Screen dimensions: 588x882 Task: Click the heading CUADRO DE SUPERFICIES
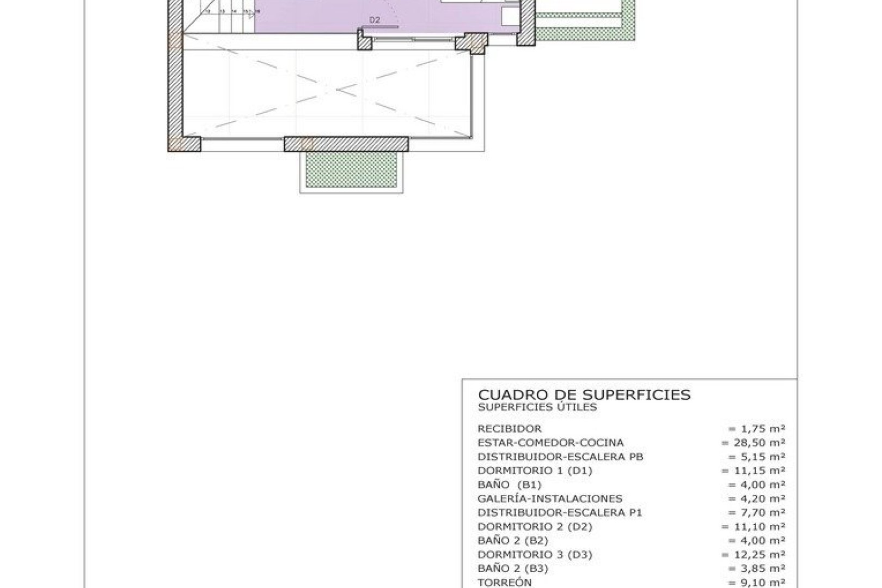tap(584, 395)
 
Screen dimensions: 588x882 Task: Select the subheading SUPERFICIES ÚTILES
tap(537, 407)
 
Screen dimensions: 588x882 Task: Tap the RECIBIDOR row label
tap(510, 429)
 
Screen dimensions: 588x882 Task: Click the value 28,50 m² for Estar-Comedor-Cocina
tap(753, 443)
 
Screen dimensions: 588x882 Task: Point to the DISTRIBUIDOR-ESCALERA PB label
tap(560, 457)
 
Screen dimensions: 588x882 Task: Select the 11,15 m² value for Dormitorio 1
tap(753, 471)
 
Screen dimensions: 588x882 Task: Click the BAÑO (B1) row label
tap(509, 485)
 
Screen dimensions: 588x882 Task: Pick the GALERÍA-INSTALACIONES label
tap(550, 499)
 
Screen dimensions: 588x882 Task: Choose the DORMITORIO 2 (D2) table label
tap(535, 527)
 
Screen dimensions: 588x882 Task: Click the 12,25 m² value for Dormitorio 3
tap(753, 555)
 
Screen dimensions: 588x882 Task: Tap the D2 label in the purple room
tap(374, 20)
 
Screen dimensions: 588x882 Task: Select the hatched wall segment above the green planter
tap(346, 144)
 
